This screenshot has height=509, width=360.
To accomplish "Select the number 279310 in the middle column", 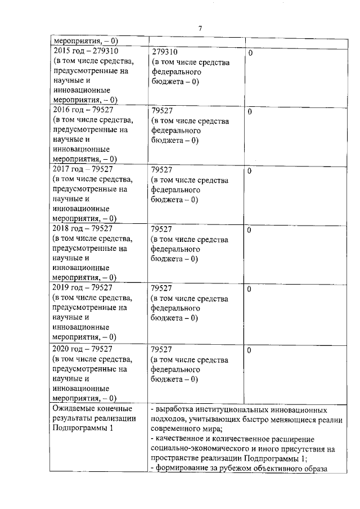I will pyautogui.click(x=165, y=52).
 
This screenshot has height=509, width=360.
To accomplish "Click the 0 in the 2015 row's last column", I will pyautogui.click(x=250, y=52).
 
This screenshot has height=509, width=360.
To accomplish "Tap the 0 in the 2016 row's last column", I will pyautogui.click(x=250, y=111).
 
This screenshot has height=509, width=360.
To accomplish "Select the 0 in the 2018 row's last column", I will pyautogui.click(x=250, y=230).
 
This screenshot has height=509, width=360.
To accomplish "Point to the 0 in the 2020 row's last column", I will pyautogui.click(x=250, y=350).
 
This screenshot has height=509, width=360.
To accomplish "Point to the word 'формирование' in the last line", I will pyautogui.click(x=182, y=469).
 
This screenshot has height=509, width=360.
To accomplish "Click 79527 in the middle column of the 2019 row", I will pyautogui.click(x=162, y=288).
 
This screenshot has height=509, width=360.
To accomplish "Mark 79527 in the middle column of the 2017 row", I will pyautogui.click(x=162, y=169).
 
